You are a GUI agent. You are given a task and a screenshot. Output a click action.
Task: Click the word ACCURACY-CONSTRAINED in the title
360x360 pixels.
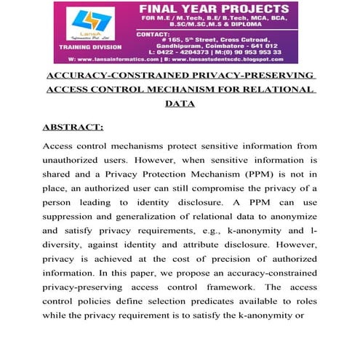(101, 76)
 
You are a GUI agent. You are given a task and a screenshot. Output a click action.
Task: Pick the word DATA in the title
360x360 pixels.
(180, 104)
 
